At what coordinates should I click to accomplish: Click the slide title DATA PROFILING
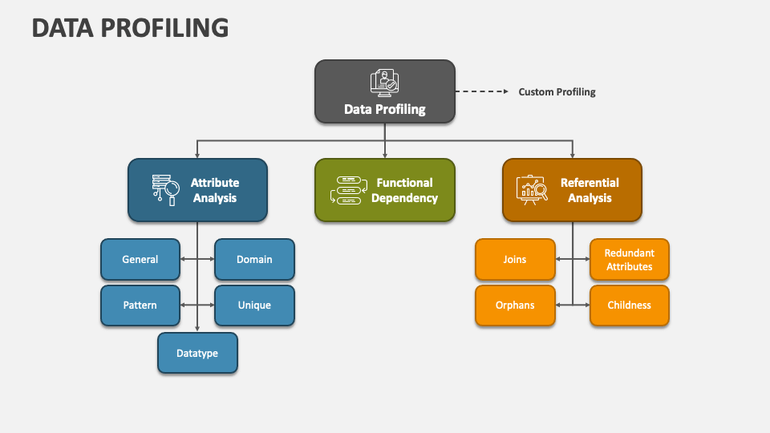pyautogui.click(x=130, y=28)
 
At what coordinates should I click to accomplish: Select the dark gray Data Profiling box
pyautogui.click(x=384, y=91)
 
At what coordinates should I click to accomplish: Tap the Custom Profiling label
pyautogui.click(x=557, y=92)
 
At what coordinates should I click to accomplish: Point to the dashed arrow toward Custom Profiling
pyautogui.click(x=482, y=91)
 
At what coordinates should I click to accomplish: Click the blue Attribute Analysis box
pyautogui.click(x=197, y=190)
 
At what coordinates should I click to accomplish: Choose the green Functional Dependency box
pyautogui.click(x=384, y=190)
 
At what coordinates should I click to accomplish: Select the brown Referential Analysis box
pyautogui.click(x=572, y=190)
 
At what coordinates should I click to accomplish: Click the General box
pyautogui.click(x=140, y=259)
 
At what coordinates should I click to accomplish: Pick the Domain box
pyautogui.click(x=254, y=259)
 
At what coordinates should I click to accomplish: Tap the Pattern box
pyautogui.click(x=140, y=306)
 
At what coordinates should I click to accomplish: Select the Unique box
pyautogui.click(x=254, y=306)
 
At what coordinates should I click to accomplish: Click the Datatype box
pyautogui.click(x=197, y=353)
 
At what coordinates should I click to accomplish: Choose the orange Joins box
pyautogui.click(x=515, y=259)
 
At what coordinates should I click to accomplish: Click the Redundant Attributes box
pyautogui.click(x=630, y=259)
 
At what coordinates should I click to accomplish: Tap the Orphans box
pyautogui.click(x=515, y=306)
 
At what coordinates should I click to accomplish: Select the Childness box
pyautogui.click(x=630, y=306)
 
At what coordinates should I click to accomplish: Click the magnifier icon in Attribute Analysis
pyautogui.click(x=167, y=190)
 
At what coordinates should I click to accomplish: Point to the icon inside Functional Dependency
pyautogui.click(x=346, y=190)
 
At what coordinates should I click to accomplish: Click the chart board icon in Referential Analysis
pyautogui.click(x=532, y=190)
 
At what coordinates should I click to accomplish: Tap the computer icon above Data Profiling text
pyautogui.click(x=384, y=83)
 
